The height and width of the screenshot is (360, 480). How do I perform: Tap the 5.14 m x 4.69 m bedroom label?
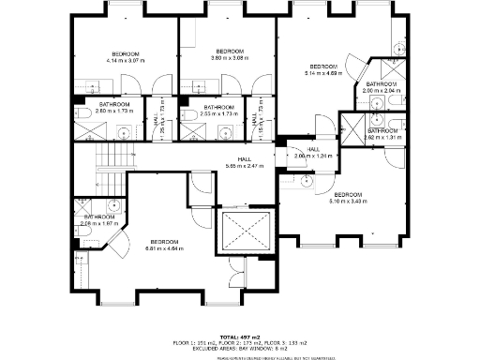323,70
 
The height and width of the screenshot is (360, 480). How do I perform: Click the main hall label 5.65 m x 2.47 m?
245,163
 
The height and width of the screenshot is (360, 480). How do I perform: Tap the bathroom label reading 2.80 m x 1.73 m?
114,108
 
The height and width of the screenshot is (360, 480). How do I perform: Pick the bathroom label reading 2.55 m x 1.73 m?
218,110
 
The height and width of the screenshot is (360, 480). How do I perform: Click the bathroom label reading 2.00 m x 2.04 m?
382,88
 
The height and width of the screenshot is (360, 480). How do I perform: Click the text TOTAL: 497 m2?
240,337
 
